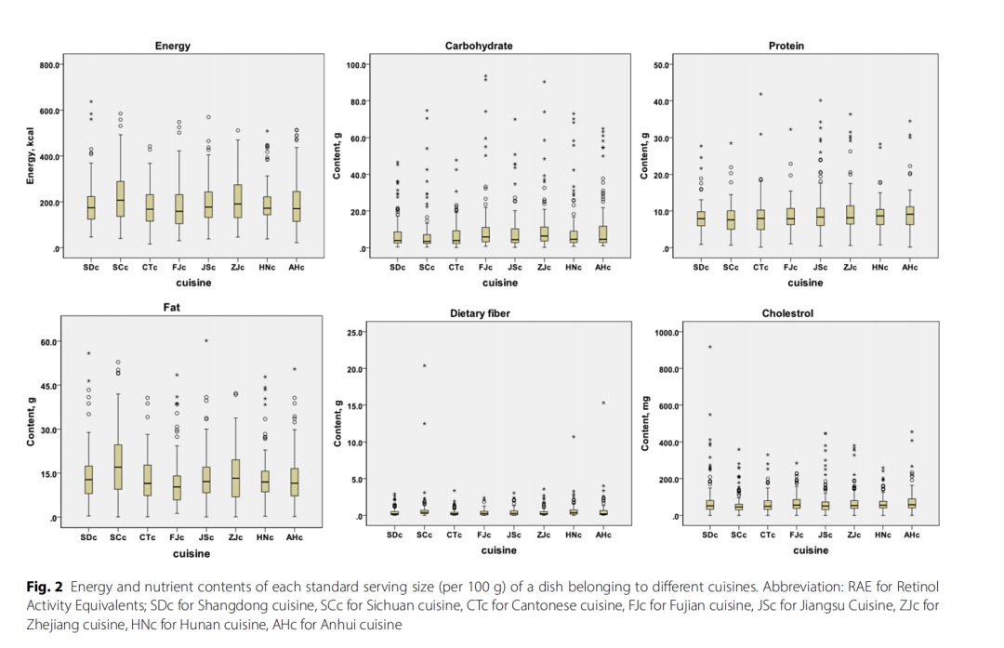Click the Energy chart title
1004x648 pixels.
coord(174,46)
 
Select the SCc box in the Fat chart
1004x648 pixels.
coord(119,464)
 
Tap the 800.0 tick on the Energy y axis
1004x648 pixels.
coord(48,65)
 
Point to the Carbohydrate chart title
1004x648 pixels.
coord(479,46)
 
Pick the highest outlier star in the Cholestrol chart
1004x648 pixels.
coord(709,347)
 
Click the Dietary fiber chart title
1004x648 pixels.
coord(480,313)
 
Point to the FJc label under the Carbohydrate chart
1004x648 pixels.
coord(486,267)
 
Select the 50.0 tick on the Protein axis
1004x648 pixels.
coord(662,65)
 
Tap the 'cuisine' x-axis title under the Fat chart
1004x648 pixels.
coord(192,553)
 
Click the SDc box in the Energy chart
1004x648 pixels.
coord(90,207)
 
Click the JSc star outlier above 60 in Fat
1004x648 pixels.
coord(206,340)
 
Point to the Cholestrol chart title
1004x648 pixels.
coord(786,313)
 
